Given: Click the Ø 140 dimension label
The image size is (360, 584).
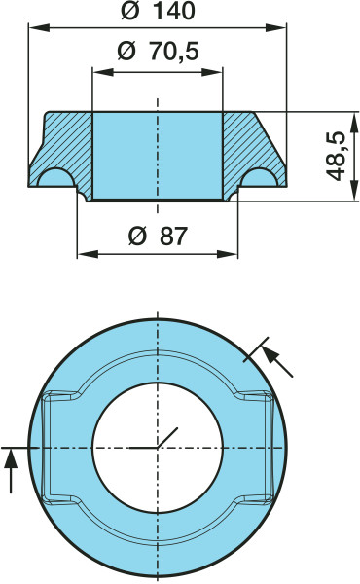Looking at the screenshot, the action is [x=158, y=12].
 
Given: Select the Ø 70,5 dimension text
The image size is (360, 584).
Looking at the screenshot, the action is [x=158, y=52].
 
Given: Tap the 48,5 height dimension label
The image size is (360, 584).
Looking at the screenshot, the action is [x=336, y=156].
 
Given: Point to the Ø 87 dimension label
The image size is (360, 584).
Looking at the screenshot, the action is [x=158, y=236].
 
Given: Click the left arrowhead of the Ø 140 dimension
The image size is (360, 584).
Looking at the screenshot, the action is [x=39, y=27].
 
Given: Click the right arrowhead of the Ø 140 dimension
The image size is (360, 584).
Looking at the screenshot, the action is [x=276, y=27].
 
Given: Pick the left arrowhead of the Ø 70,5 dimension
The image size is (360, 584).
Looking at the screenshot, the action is [x=103, y=72].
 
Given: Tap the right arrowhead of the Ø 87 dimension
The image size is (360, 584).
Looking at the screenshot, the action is [x=227, y=254].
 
